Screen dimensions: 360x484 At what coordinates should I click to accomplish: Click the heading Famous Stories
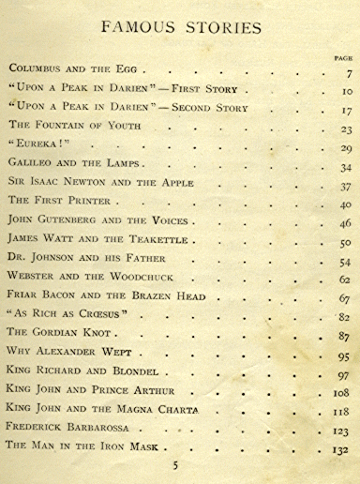(x=181, y=27)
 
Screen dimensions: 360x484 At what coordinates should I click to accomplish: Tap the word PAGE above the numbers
(x=342, y=58)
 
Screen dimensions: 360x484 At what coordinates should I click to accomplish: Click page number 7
(x=348, y=73)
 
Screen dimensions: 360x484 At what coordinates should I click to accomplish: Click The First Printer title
(x=60, y=202)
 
